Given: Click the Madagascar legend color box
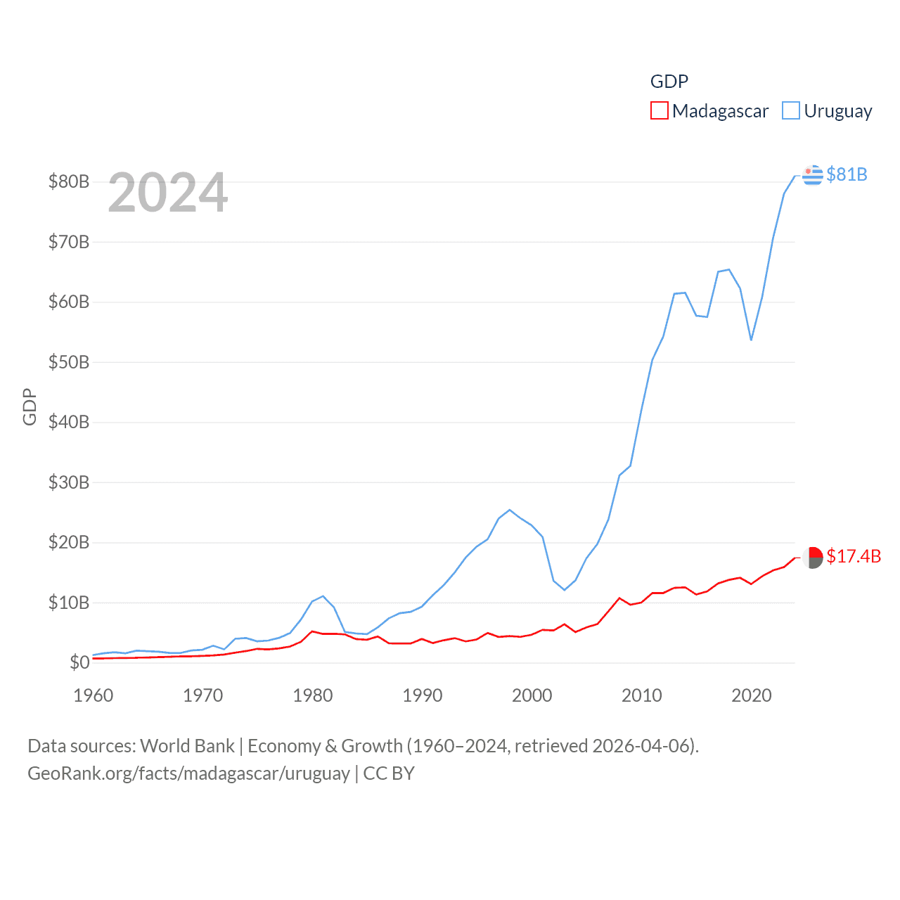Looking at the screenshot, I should tap(659, 111).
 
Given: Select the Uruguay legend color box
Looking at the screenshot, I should tap(791, 111).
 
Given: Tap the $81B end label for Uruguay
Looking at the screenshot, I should tap(847, 174).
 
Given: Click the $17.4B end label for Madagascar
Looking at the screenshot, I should tap(854, 556).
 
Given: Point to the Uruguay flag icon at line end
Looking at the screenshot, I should tap(812, 174).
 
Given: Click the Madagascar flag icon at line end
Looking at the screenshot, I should tap(813, 558).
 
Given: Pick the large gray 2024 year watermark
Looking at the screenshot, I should tap(168, 193).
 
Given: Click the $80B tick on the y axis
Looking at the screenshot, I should tap(69, 181).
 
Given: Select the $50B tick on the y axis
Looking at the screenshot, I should tap(69, 362).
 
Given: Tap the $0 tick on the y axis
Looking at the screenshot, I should tap(79, 662).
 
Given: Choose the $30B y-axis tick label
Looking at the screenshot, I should tap(69, 482).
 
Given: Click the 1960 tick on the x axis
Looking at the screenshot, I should tap(94, 695).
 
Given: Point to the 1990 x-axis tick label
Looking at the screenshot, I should tap(423, 695).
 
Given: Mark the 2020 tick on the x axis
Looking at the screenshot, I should tap(752, 695).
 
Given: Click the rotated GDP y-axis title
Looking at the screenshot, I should tap(30, 406).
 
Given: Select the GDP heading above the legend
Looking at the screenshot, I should tap(669, 82).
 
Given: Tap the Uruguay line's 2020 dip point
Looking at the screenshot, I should tap(751, 340).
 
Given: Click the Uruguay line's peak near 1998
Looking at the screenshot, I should tap(510, 510).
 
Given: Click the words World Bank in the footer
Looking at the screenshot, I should tap(188, 745).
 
